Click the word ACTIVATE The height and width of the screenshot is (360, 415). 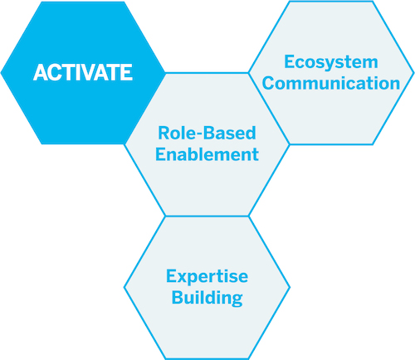pyautogui.click(x=83, y=72)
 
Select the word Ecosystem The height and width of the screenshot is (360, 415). pyautogui.click(x=331, y=63)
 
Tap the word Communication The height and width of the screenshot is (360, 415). pyautogui.click(x=331, y=83)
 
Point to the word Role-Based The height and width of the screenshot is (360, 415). pyautogui.click(x=207, y=133)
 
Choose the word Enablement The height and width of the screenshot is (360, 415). pyautogui.click(x=207, y=154)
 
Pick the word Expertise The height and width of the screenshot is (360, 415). pyautogui.click(x=207, y=277)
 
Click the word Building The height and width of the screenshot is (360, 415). pyautogui.click(x=207, y=298)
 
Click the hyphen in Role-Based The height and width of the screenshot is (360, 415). pyautogui.click(x=199, y=134)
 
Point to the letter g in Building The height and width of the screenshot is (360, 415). pyautogui.click(x=237, y=300)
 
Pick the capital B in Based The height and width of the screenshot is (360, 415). pyautogui.click(x=208, y=133)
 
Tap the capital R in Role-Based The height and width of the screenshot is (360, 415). pyautogui.click(x=164, y=133)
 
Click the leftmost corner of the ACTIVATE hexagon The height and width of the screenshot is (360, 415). pyautogui.click(x=1, y=73)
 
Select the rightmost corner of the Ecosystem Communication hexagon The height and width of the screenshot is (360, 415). pyautogui.click(x=414, y=73)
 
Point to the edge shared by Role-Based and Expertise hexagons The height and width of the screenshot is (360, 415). pyautogui.click(x=207, y=216)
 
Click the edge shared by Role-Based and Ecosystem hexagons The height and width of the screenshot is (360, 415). pyautogui.click(x=269, y=109)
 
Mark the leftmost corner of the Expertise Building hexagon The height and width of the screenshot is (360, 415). pyautogui.click(x=124, y=288)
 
